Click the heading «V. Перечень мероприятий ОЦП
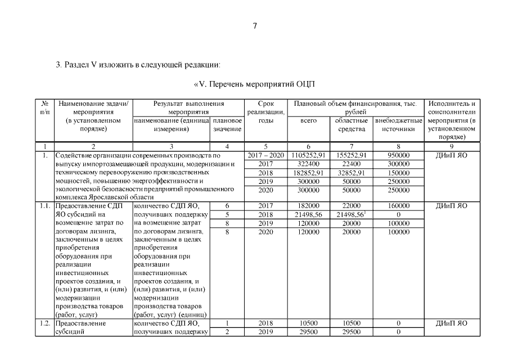(254, 84)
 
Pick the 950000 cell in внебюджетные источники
(398, 155)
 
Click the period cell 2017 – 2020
(265, 155)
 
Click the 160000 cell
(398, 206)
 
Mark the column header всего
(309, 120)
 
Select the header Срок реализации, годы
(265, 112)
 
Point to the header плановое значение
(227, 125)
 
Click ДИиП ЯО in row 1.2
(452, 323)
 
